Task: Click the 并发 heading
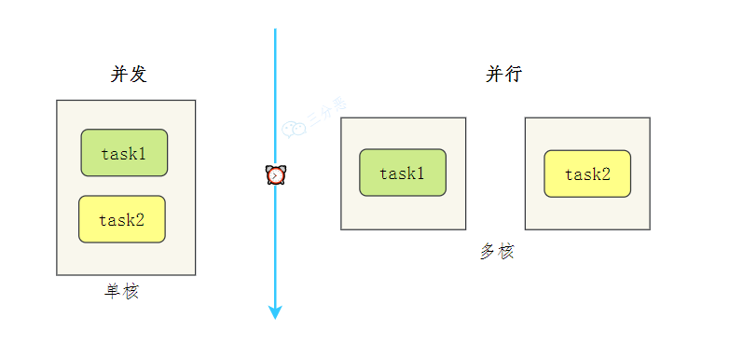pyautogui.click(x=129, y=75)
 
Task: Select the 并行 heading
pyautogui.click(x=503, y=75)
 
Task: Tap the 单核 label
pyautogui.click(x=122, y=292)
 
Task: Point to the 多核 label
pyautogui.click(x=497, y=251)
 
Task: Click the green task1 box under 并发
pyautogui.click(x=124, y=153)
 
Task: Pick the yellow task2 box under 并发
pyautogui.click(x=122, y=219)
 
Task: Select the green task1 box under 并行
pyautogui.click(x=403, y=173)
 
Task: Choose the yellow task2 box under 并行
pyautogui.click(x=587, y=173)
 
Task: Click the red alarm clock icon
pyautogui.click(x=276, y=174)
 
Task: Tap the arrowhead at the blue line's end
pyautogui.click(x=275, y=312)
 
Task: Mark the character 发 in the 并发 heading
pyautogui.click(x=138, y=75)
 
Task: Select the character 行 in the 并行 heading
pyautogui.click(x=514, y=75)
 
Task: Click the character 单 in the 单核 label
pyautogui.click(x=113, y=292)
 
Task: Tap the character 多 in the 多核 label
pyautogui.click(x=488, y=251)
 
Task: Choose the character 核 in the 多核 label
pyautogui.click(x=505, y=251)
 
